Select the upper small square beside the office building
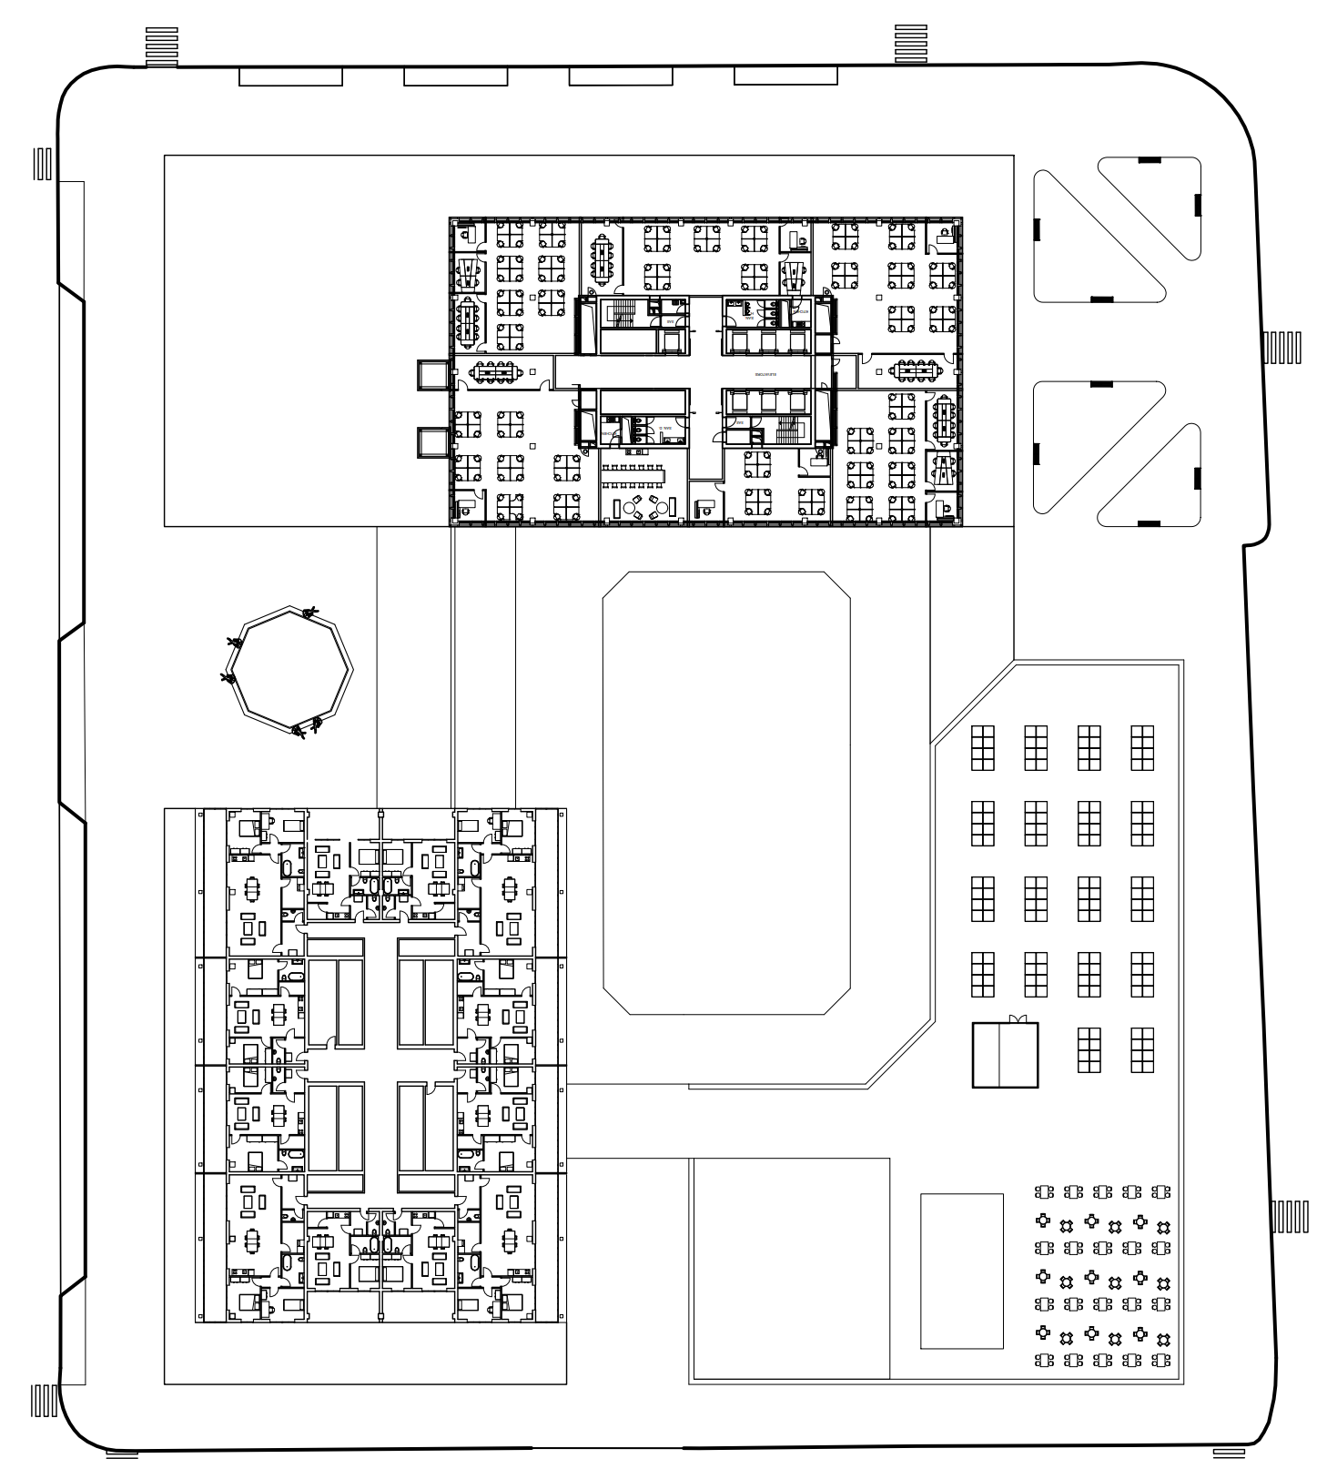431,375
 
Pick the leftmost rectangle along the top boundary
290,77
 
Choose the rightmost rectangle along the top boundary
785,76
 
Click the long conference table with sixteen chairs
633,474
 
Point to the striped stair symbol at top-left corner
161,46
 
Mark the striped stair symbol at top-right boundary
910,44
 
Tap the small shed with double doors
1005,1055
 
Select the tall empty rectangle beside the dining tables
961,1271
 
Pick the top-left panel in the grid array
982,747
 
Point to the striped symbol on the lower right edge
1290,1216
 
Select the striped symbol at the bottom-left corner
44,1400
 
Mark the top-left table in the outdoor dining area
1045,1191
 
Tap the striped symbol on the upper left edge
43,163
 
